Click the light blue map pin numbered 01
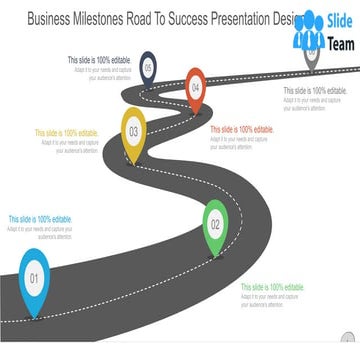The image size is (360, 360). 33,277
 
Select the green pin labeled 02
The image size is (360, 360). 215,223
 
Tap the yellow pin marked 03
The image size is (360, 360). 133,129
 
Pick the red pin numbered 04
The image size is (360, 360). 195,87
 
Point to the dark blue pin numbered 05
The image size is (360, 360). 148,68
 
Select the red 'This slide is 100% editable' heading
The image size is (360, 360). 241,129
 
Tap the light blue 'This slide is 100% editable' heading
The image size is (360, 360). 40,219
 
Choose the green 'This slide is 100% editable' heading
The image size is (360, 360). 271,287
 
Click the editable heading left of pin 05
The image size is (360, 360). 99,60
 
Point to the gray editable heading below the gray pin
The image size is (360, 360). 314,91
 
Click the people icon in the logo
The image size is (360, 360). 311,30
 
